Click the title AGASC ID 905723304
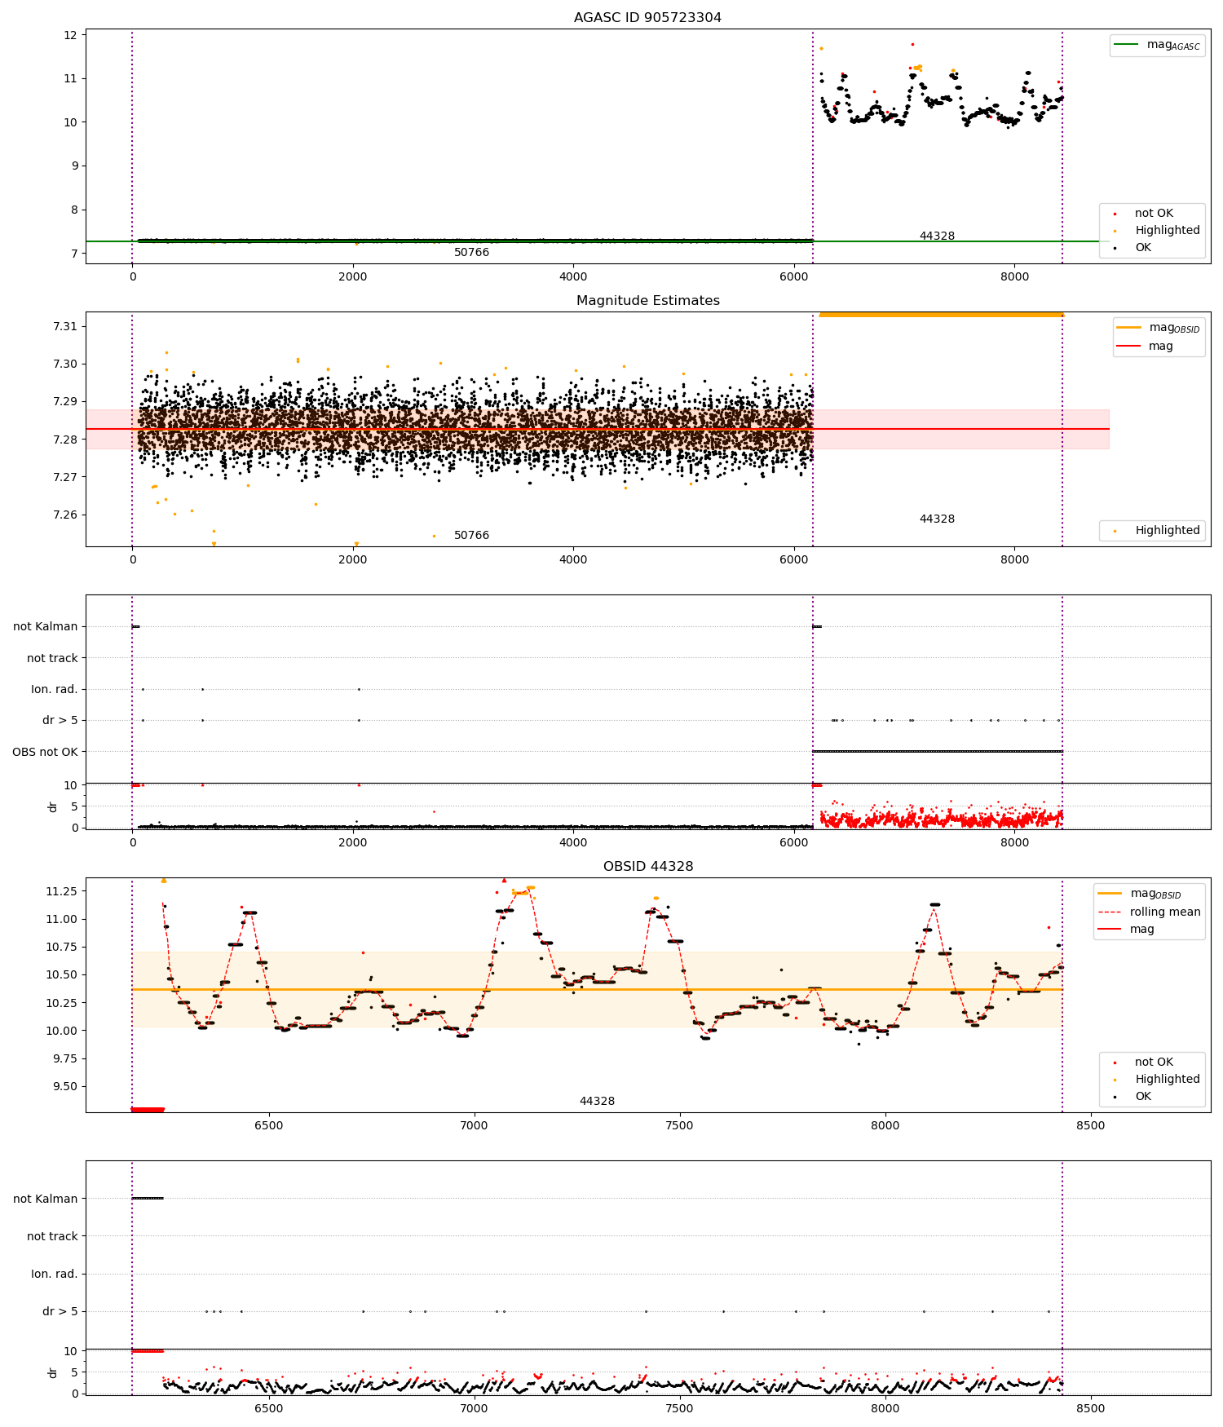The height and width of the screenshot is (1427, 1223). [x=647, y=17]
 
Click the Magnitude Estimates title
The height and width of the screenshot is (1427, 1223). [x=647, y=300]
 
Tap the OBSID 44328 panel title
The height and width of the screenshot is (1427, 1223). [x=647, y=866]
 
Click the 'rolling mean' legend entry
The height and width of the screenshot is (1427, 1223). [x=1164, y=912]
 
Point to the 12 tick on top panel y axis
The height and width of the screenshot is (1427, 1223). [x=70, y=35]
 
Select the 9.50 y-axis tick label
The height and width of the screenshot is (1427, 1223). [x=64, y=1086]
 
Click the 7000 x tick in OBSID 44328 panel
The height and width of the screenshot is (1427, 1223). [x=474, y=1125]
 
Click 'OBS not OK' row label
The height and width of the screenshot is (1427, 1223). [x=45, y=752]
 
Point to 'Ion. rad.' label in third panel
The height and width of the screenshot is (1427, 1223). [x=54, y=689]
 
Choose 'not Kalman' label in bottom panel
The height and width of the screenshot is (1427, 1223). [x=45, y=1199]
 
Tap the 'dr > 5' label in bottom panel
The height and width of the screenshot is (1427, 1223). [x=60, y=1311]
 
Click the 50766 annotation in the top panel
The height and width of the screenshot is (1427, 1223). [x=471, y=253]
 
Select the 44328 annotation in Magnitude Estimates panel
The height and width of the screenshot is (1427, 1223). [x=937, y=519]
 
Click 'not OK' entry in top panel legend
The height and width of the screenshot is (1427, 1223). [x=1153, y=214]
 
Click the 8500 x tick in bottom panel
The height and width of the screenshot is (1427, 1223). [x=1090, y=1408]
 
